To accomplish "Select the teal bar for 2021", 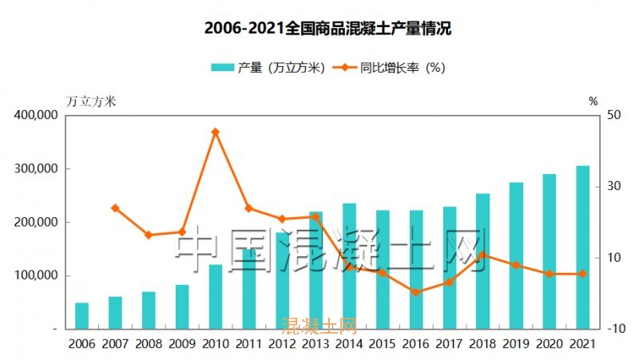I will (x=583, y=247).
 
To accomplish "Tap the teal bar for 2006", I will (x=81, y=316).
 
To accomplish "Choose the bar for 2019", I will (x=516, y=255).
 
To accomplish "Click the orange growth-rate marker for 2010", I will (x=215, y=132).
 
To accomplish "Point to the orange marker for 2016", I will (x=416, y=292).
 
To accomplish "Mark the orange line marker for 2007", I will (x=115, y=208).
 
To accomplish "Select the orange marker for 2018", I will (x=483, y=255).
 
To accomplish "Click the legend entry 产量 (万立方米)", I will (x=268, y=68).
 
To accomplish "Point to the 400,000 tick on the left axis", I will (x=36, y=115).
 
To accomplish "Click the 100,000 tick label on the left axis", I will (x=36, y=275).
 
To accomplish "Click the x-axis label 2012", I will (x=282, y=344).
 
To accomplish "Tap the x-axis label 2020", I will (x=550, y=344).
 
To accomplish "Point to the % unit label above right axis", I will (x=593, y=101).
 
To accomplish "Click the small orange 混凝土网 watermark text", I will (x=319, y=326).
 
